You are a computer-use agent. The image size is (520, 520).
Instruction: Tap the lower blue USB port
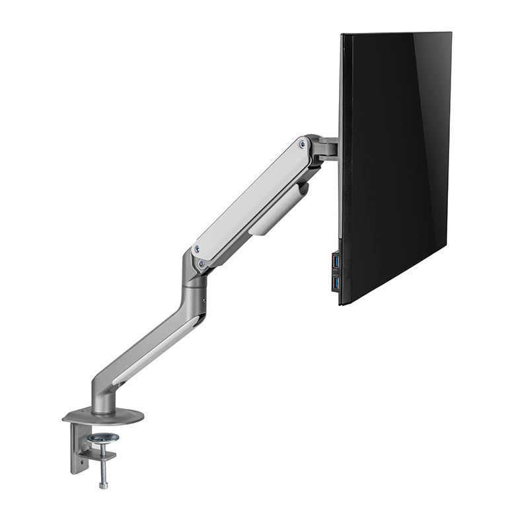pos(336,283)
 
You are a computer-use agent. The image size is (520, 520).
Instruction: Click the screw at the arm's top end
pos(303,143)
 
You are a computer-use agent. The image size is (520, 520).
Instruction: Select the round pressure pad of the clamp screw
pos(103,437)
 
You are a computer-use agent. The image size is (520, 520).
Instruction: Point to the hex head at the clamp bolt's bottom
pos(104,485)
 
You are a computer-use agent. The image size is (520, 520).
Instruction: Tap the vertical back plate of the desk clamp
pos(77,449)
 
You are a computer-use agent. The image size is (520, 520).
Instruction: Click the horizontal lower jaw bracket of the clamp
pos(99,456)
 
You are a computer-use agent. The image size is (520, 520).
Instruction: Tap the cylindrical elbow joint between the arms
pos(195,278)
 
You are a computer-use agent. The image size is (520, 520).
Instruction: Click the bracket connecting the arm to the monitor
pos(324,148)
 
